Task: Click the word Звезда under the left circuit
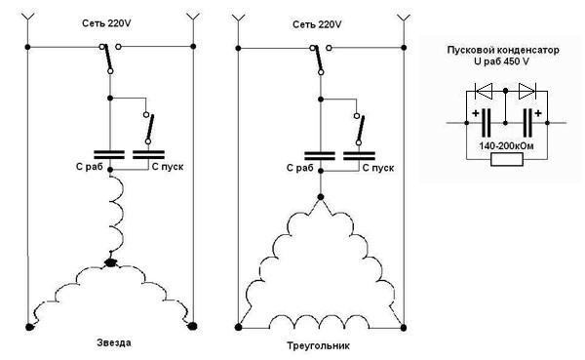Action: (114, 342)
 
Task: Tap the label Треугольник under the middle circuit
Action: (318, 345)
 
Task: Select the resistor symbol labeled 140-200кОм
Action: (507, 159)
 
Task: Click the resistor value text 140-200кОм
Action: (506, 146)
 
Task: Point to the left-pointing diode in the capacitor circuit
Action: (484, 91)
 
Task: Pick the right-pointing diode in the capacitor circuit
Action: (527, 91)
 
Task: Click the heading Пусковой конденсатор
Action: (503, 50)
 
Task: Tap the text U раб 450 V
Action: (501, 61)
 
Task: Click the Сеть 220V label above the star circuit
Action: (106, 23)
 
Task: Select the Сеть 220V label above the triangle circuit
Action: (317, 24)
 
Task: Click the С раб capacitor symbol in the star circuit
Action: (109, 154)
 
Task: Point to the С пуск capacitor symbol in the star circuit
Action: (148, 154)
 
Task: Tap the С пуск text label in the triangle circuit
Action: (378, 168)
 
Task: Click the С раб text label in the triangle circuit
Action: (299, 168)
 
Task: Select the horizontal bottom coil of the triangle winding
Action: (320, 322)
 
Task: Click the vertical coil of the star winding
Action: (117, 216)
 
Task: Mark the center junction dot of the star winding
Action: (110, 262)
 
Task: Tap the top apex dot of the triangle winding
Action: (321, 197)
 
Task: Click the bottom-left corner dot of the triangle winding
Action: (239, 328)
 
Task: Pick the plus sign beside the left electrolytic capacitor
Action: (476, 113)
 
